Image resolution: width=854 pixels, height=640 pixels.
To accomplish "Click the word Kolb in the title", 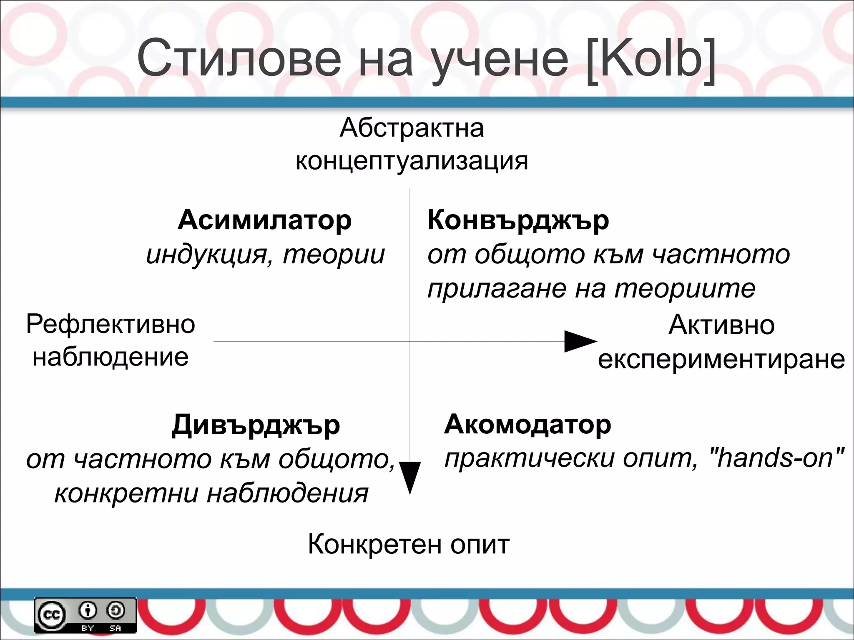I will (x=651, y=58).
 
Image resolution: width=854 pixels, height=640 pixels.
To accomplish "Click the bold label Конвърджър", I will (x=518, y=221).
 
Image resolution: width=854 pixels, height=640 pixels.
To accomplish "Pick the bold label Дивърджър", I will (x=256, y=425).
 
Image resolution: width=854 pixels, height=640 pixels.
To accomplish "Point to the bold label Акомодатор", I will (x=527, y=425).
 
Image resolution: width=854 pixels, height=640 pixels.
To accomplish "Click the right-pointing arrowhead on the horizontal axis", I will (x=580, y=341).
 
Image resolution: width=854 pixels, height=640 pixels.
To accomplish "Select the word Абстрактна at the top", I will (x=412, y=128).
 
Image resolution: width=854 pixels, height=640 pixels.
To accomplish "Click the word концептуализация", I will (x=412, y=161).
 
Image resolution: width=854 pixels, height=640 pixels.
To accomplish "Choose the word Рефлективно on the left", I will (x=111, y=325).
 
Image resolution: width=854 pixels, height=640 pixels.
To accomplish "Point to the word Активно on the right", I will (x=721, y=325).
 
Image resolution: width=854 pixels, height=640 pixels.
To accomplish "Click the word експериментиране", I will (x=721, y=359).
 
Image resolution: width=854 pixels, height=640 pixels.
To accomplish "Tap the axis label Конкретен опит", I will (x=409, y=544).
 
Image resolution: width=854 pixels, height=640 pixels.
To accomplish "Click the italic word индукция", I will (x=206, y=255).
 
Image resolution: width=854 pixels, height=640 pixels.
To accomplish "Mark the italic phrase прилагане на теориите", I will (x=591, y=289).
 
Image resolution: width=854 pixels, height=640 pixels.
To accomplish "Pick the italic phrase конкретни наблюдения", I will (x=211, y=494).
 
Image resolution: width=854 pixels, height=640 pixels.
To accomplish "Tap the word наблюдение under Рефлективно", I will (x=111, y=357).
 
